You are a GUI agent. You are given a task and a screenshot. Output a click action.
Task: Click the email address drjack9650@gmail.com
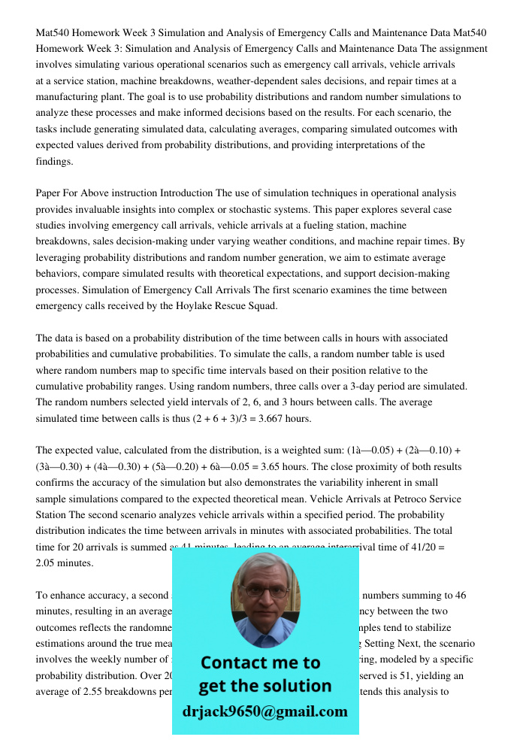coord(264,711)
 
